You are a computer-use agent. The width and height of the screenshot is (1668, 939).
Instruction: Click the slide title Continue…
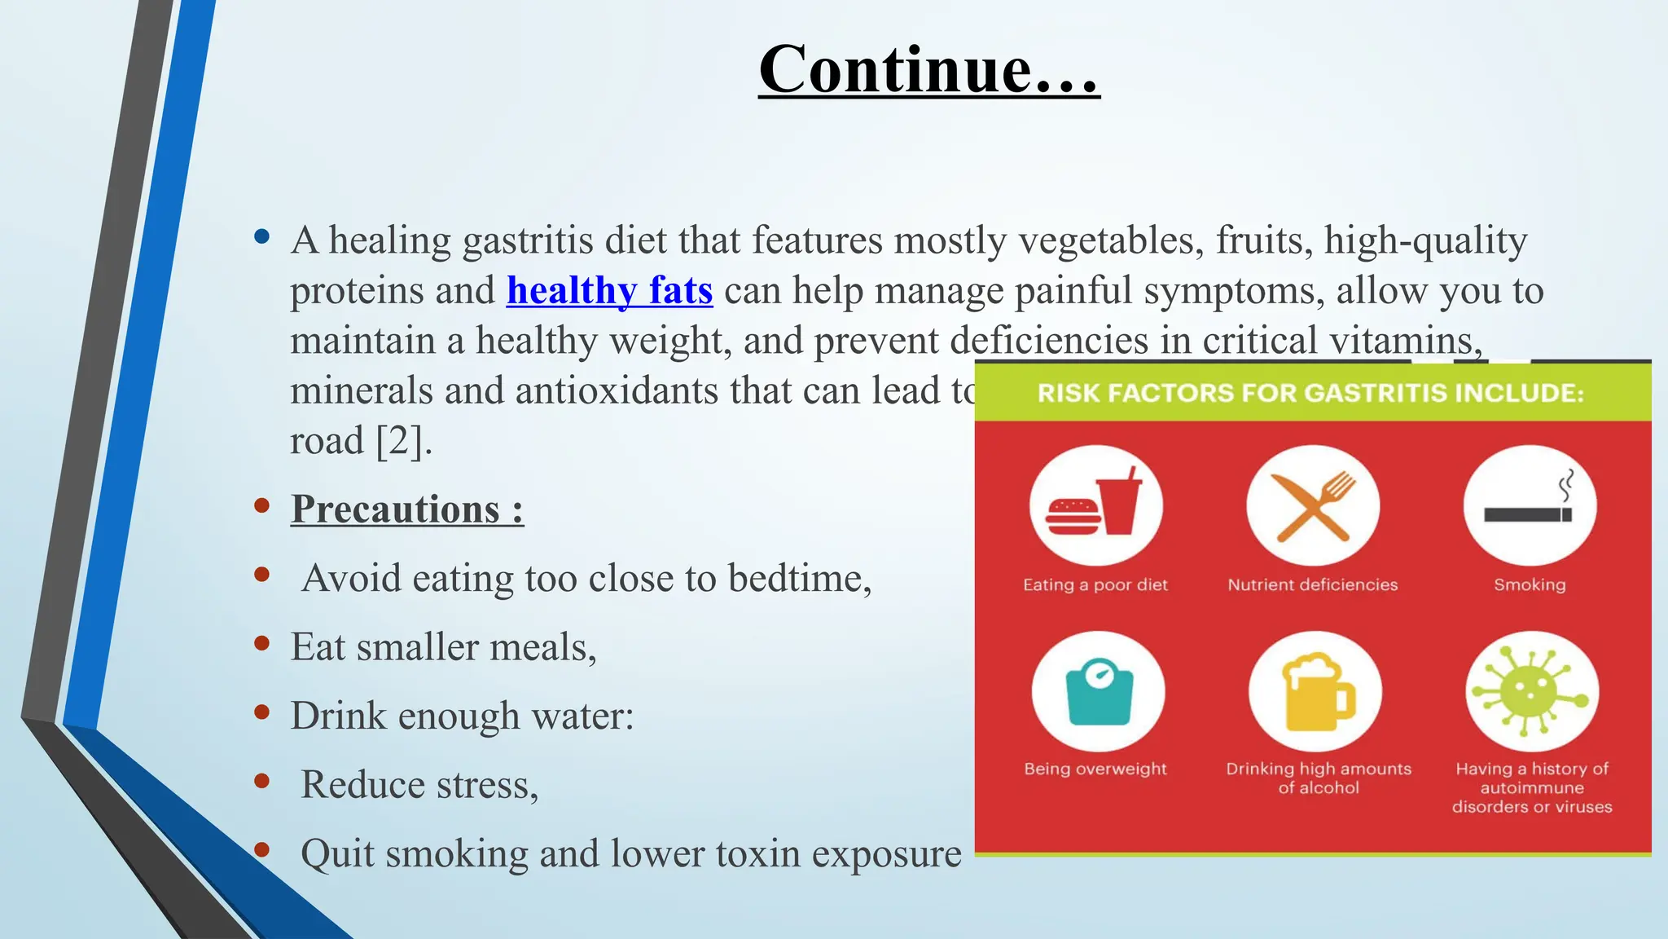pos(928,70)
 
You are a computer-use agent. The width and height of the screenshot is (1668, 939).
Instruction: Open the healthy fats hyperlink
pos(609,291)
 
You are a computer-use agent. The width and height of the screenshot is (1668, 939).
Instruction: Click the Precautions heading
pos(406,509)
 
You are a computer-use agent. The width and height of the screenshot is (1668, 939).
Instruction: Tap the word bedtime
pos(797,579)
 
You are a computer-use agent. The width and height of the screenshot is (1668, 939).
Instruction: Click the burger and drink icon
pos(1095,505)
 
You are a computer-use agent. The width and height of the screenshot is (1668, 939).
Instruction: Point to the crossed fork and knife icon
pos(1312,505)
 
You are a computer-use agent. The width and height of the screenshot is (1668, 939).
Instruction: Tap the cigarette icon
pos(1529,505)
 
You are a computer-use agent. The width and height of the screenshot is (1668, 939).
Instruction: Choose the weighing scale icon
pos(1098,691)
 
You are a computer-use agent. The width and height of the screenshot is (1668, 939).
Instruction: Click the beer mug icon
pos(1315,691)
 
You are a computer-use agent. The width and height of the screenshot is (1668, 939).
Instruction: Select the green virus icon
pos(1531,691)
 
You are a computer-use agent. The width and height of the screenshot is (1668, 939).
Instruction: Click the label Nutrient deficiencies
pos(1312,584)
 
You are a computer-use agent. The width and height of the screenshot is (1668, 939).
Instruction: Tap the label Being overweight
pos(1095,769)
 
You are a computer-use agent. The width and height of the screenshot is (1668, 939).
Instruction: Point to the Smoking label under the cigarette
pos(1529,584)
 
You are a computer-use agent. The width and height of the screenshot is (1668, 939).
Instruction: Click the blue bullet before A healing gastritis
pos(261,237)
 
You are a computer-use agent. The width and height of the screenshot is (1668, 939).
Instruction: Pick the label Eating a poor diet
pos(1095,584)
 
